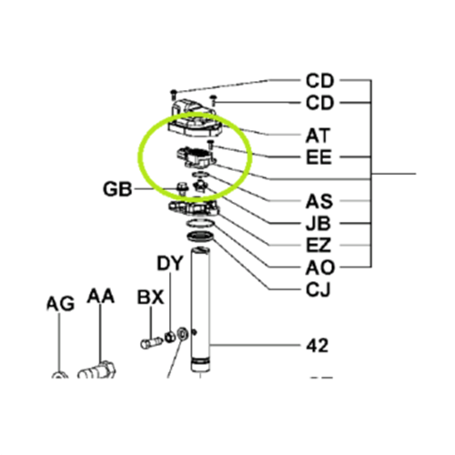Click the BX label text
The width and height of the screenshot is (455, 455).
click(150, 297)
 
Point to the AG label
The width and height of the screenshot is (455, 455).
click(59, 303)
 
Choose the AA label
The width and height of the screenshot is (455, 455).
click(101, 297)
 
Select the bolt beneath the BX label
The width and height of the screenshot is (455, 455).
click(150, 343)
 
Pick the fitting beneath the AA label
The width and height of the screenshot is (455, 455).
click(99, 371)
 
